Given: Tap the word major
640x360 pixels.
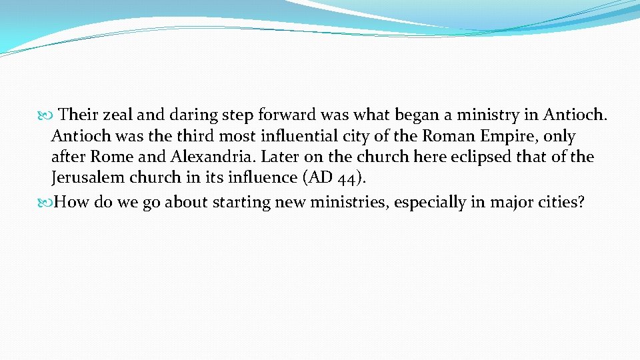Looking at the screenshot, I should [510, 202].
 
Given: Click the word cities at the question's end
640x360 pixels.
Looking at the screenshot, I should [561, 202].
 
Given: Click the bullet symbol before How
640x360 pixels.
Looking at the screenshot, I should [45, 203].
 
